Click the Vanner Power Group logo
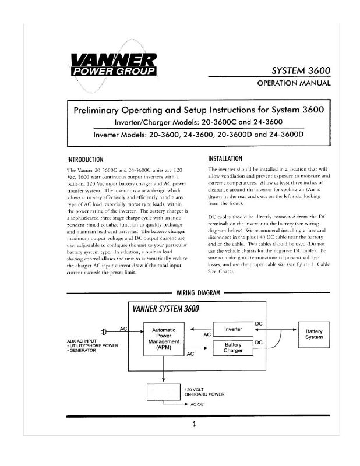coord(112,65)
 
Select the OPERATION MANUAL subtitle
coord(294,83)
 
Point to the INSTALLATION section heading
coord(228,157)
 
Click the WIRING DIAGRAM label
coord(198,293)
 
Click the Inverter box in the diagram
coord(233,330)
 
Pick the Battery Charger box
coord(233,348)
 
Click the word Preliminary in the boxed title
coord(98,110)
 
